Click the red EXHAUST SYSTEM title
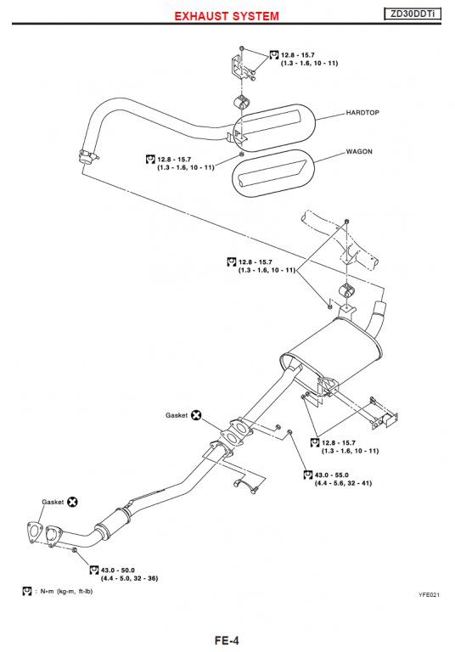227,16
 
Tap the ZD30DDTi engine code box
413,14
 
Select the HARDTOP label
362,113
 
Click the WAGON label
359,152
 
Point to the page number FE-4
227,640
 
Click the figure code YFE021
429,594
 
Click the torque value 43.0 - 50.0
118,570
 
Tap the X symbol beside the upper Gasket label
196,415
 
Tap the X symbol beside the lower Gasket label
72,502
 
